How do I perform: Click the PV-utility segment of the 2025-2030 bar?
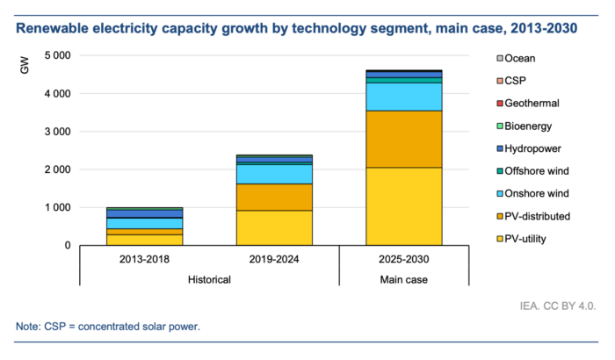pyautogui.click(x=404, y=205)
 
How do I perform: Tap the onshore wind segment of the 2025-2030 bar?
pyautogui.click(x=404, y=96)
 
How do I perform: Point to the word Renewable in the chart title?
pyautogui.click(x=54, y=29)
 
